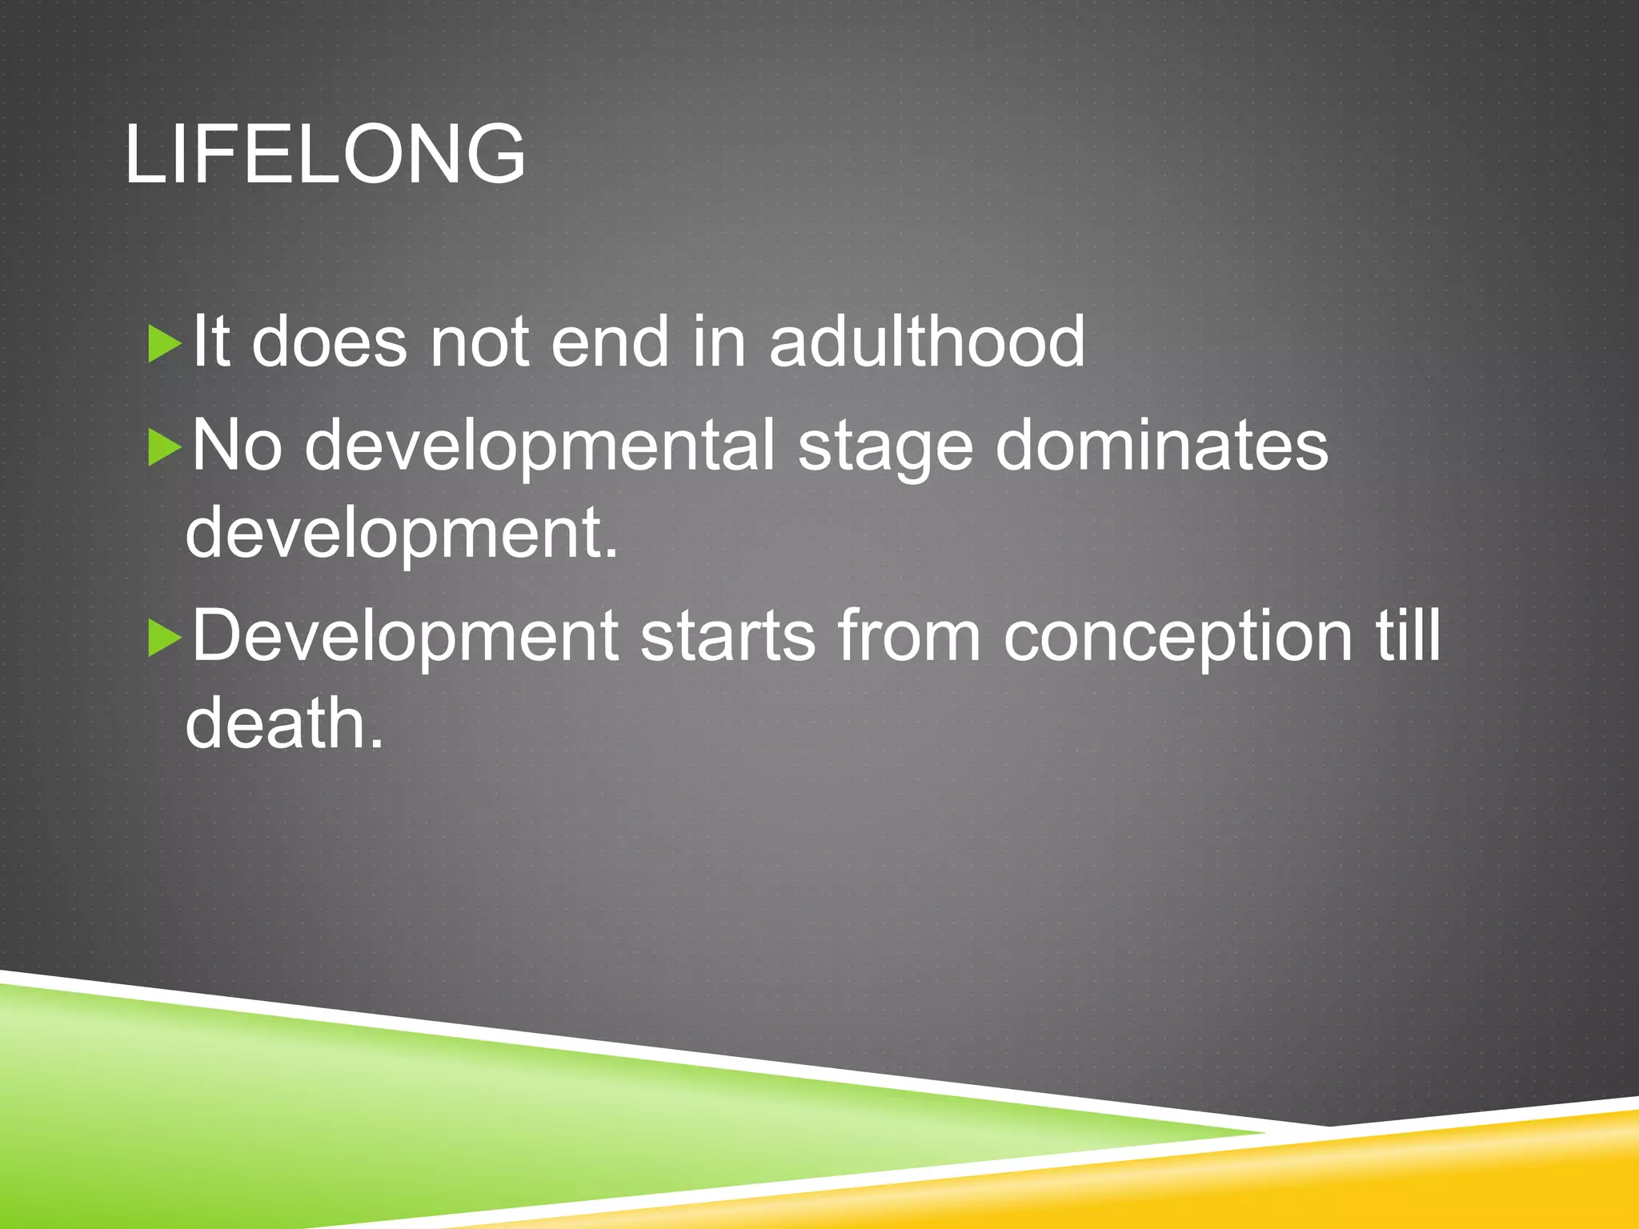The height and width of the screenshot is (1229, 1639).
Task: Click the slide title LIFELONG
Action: click(x=325, y=154)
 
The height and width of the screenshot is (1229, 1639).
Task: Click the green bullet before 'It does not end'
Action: click(x=165, y=344)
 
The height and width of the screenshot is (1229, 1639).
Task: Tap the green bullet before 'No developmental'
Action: click(x=165, y=447)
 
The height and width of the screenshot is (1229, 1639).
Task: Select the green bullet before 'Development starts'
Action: click(x=165, y=638)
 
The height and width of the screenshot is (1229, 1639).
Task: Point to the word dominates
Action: click(x=1161, y=446)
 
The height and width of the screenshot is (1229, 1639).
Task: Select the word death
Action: click(x=284, y=723)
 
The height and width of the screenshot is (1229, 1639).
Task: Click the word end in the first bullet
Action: click(x=610, y=342)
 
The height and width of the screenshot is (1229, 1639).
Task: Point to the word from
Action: click(x=909, y=636)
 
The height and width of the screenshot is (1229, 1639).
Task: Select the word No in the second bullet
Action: click(x=237, y=446)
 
